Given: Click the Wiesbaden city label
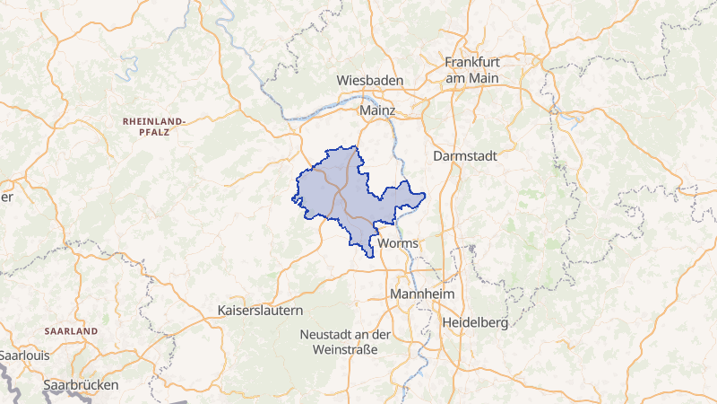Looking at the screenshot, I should [369, 81].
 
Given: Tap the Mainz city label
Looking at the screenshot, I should [376, 110].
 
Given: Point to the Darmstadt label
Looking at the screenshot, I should [464, 155].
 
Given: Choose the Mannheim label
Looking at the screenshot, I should [422, 294].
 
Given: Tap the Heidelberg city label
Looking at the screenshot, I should [475, 321].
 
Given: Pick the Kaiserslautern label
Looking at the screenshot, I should [261, 310].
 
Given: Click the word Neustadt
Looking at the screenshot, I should [328, 335].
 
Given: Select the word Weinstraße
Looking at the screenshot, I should [345, 349].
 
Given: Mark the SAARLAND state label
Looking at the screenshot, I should [71, 331].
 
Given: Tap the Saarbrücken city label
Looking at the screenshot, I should [81, 385].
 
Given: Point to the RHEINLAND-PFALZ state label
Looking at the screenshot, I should [153, 125].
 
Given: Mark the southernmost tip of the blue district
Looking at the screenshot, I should [370, 258].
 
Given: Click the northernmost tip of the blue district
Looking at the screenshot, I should [356, 146].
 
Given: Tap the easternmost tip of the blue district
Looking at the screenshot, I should [425, 195].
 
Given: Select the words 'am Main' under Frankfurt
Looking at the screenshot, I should [472, 78].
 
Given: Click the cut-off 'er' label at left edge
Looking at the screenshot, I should [5, 198].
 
